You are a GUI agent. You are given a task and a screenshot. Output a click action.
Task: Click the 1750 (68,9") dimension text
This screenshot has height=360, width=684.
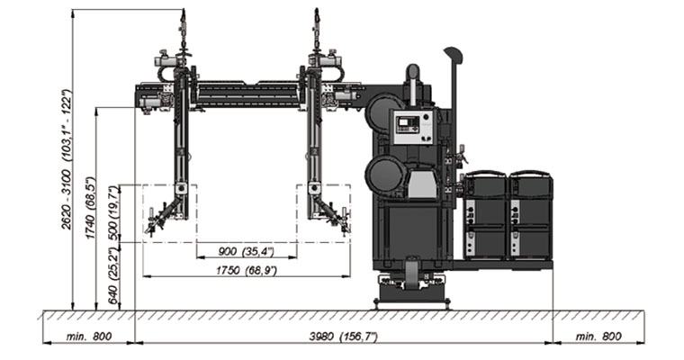click(244, 269)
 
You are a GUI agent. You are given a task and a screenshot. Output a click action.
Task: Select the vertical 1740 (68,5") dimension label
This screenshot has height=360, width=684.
click(91, 205)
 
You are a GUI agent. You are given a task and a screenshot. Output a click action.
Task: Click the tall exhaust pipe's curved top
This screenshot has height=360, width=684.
click(453, 56)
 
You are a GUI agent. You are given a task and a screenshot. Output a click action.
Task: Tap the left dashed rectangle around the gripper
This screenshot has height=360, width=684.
click(169, 212)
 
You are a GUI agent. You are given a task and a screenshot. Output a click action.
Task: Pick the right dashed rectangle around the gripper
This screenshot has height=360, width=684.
click(324, 212)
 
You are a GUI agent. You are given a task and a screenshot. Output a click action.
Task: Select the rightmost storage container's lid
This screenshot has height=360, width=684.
click(530, 175)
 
